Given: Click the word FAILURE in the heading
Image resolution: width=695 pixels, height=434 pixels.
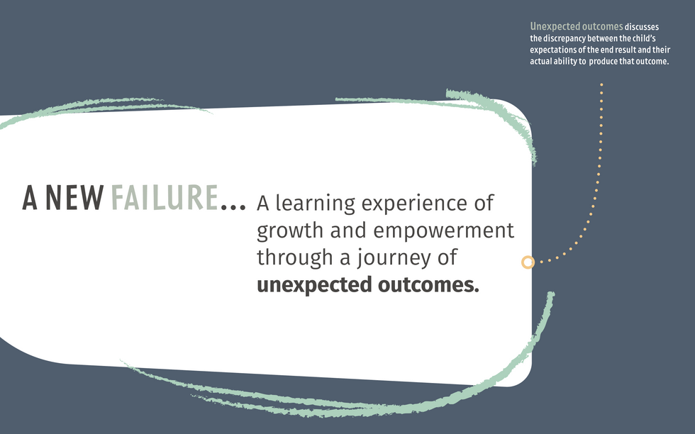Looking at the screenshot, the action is [165, 197].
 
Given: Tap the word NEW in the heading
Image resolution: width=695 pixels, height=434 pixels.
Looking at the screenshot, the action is [75, 197].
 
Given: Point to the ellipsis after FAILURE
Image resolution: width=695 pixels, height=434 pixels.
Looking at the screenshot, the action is [233, 206].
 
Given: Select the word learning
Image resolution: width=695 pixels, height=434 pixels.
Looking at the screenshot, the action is [315, 204].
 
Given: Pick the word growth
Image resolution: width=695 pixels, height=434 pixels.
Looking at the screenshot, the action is [290, 231].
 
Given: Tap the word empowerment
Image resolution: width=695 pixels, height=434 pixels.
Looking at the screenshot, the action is [443, 231].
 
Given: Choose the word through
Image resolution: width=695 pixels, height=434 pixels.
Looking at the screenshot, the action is [295, 258].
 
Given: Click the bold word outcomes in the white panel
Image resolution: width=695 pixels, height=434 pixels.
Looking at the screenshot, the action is [428, 284].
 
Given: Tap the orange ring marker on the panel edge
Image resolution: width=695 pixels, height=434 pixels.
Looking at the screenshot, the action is [528, 262].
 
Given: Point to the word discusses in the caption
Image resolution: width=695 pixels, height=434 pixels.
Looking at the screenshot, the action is [641, 27].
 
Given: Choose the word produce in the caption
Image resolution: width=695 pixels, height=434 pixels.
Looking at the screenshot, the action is [603, 62].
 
